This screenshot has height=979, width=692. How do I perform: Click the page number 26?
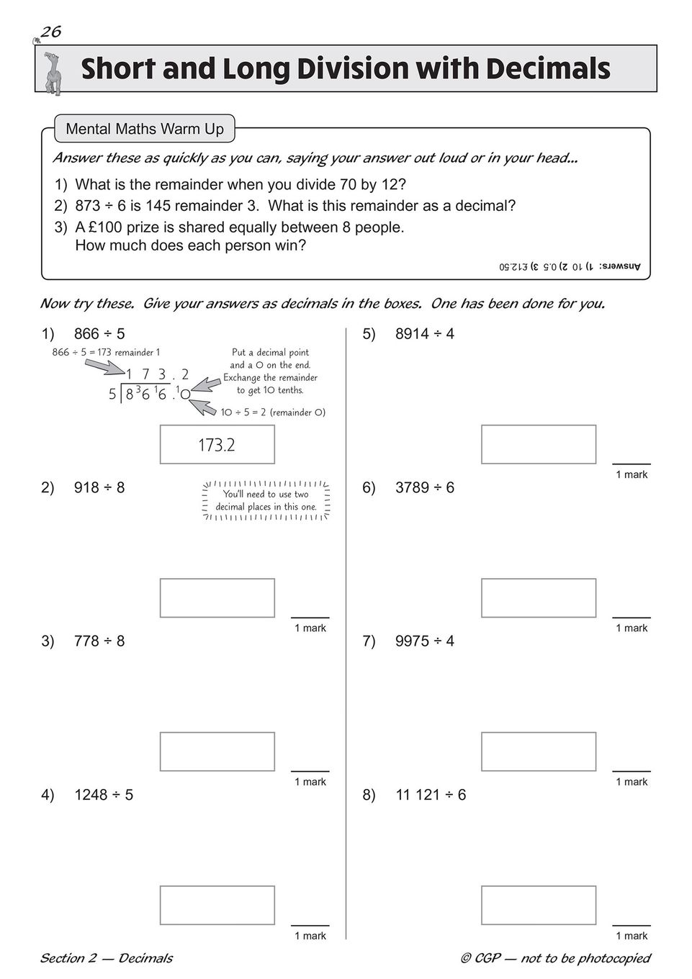[x=50, y=32]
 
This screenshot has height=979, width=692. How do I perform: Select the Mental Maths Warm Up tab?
[x=145, y=130]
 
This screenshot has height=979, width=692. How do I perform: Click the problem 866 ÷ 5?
[x=99, y=334]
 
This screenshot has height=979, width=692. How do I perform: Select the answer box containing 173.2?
[x=217, y=445]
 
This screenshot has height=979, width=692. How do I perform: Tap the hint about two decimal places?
[x=266, y=500]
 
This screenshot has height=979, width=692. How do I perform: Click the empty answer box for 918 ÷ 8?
[x=217, y=597]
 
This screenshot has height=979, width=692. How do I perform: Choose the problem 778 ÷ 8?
[x=99, y=641]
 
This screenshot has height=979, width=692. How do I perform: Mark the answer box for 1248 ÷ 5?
[x=217, y=905]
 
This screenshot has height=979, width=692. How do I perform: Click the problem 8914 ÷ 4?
[x=425, y=334]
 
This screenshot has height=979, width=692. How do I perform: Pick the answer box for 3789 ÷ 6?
[x=539, y=597]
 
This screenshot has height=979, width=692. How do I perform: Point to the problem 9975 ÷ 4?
[x=425, y=641]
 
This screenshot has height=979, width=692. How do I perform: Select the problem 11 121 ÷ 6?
[x=431, y=795]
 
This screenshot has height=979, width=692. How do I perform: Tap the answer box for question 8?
[x=539, y=905]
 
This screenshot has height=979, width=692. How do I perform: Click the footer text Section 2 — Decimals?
[x=106, y=958]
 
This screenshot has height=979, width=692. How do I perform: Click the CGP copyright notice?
[x=555, y=958]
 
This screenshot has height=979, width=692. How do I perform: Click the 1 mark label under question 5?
[x=632, y=474]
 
